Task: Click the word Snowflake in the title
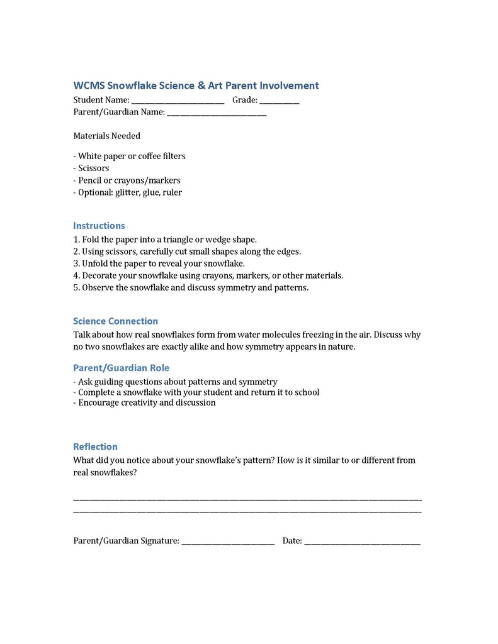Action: point(130,86)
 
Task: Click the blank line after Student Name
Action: point(178,101)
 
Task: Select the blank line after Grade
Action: point(279,101)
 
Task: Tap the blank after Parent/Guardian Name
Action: point(217,113)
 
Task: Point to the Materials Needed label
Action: point(106,136)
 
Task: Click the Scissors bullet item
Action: point(93,168)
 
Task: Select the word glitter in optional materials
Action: point(128,192)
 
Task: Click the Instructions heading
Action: point(99,226)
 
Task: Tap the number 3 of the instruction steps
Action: point(76,264)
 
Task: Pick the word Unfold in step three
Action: point(96,264)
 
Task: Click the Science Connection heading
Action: point(115,321)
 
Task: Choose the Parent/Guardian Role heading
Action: point(121,368)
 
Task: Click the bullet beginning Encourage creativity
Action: point(146,402)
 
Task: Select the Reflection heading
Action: point(95,447)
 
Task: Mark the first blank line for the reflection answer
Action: point(247,499)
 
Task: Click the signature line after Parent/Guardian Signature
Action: point(228,542)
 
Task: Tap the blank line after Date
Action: point(362,542)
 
